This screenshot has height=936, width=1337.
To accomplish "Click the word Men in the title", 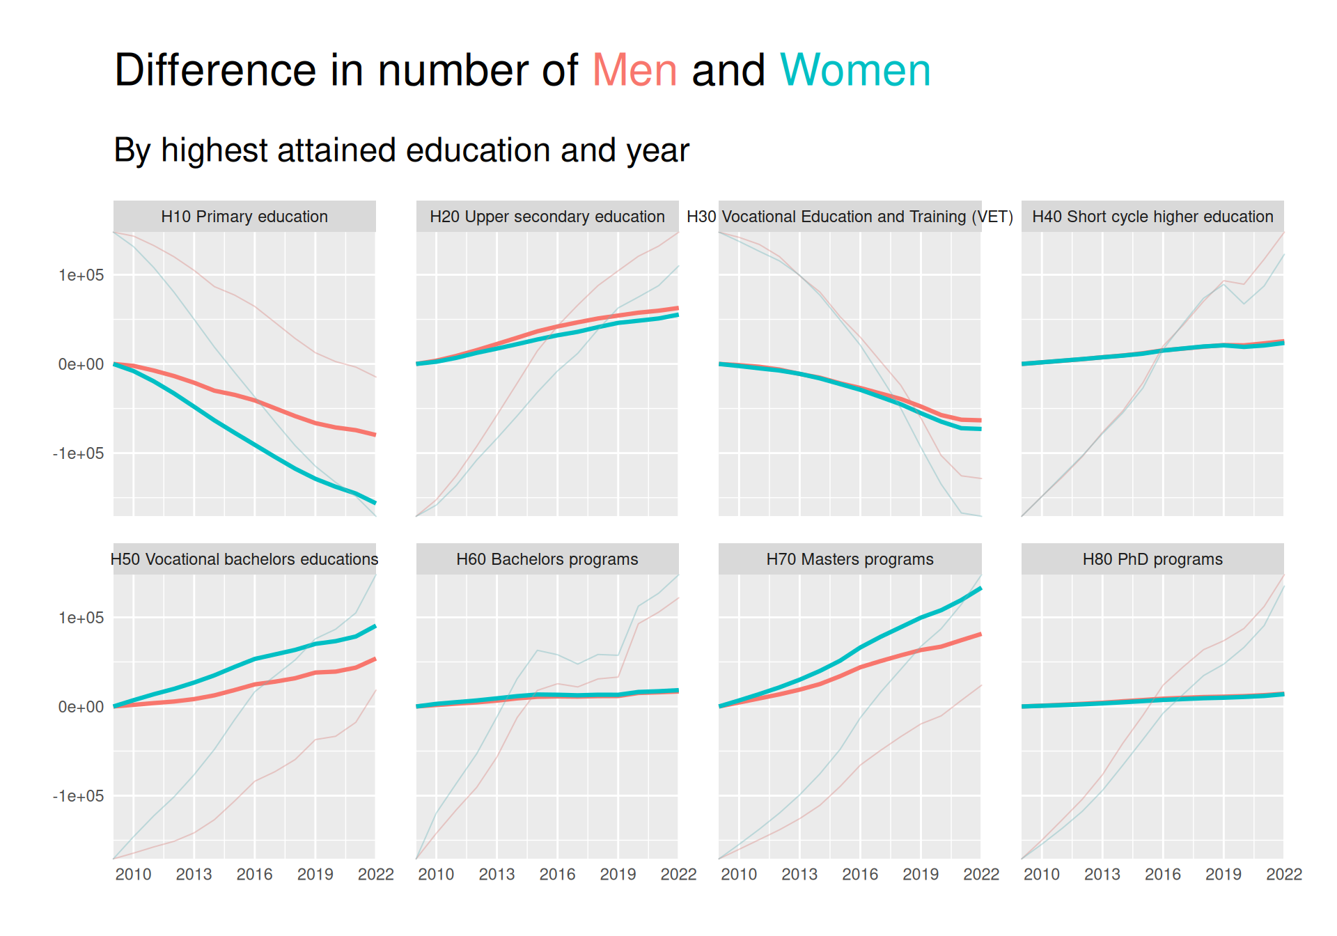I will pos(634,70).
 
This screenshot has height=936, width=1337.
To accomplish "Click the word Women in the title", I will pos(855,70).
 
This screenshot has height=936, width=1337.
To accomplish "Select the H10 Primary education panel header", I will pos(244,217).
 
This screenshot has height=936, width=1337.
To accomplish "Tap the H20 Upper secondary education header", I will pos(547,217).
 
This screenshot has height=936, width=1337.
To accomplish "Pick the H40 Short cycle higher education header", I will pos(1152,217).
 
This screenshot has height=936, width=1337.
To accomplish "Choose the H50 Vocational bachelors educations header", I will pos(244,559).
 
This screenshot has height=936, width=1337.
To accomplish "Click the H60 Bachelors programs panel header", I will pos(547,559).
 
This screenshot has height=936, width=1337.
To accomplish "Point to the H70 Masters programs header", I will pos(850,559).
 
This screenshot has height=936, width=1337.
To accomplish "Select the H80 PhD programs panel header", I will pos(1152,559).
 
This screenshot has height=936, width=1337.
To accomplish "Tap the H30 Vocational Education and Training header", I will pos(850,217).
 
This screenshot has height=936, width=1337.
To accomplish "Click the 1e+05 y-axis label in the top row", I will pos(81,275).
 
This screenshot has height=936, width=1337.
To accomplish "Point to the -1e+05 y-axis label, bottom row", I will pos(78,796).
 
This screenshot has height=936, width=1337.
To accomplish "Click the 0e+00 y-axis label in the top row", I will pos(81,364).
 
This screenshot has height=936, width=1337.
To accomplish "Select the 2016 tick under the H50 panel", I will pos(254,875).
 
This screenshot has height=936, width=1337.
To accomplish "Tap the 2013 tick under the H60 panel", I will pos(497,875).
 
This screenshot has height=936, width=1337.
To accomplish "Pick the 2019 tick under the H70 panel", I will pos(921,875).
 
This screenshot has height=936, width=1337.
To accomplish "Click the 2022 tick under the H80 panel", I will pos(1284,875).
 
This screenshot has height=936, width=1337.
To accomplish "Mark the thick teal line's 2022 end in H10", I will pos(375,502).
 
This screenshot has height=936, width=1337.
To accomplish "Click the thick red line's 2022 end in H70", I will pos(980,634).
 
